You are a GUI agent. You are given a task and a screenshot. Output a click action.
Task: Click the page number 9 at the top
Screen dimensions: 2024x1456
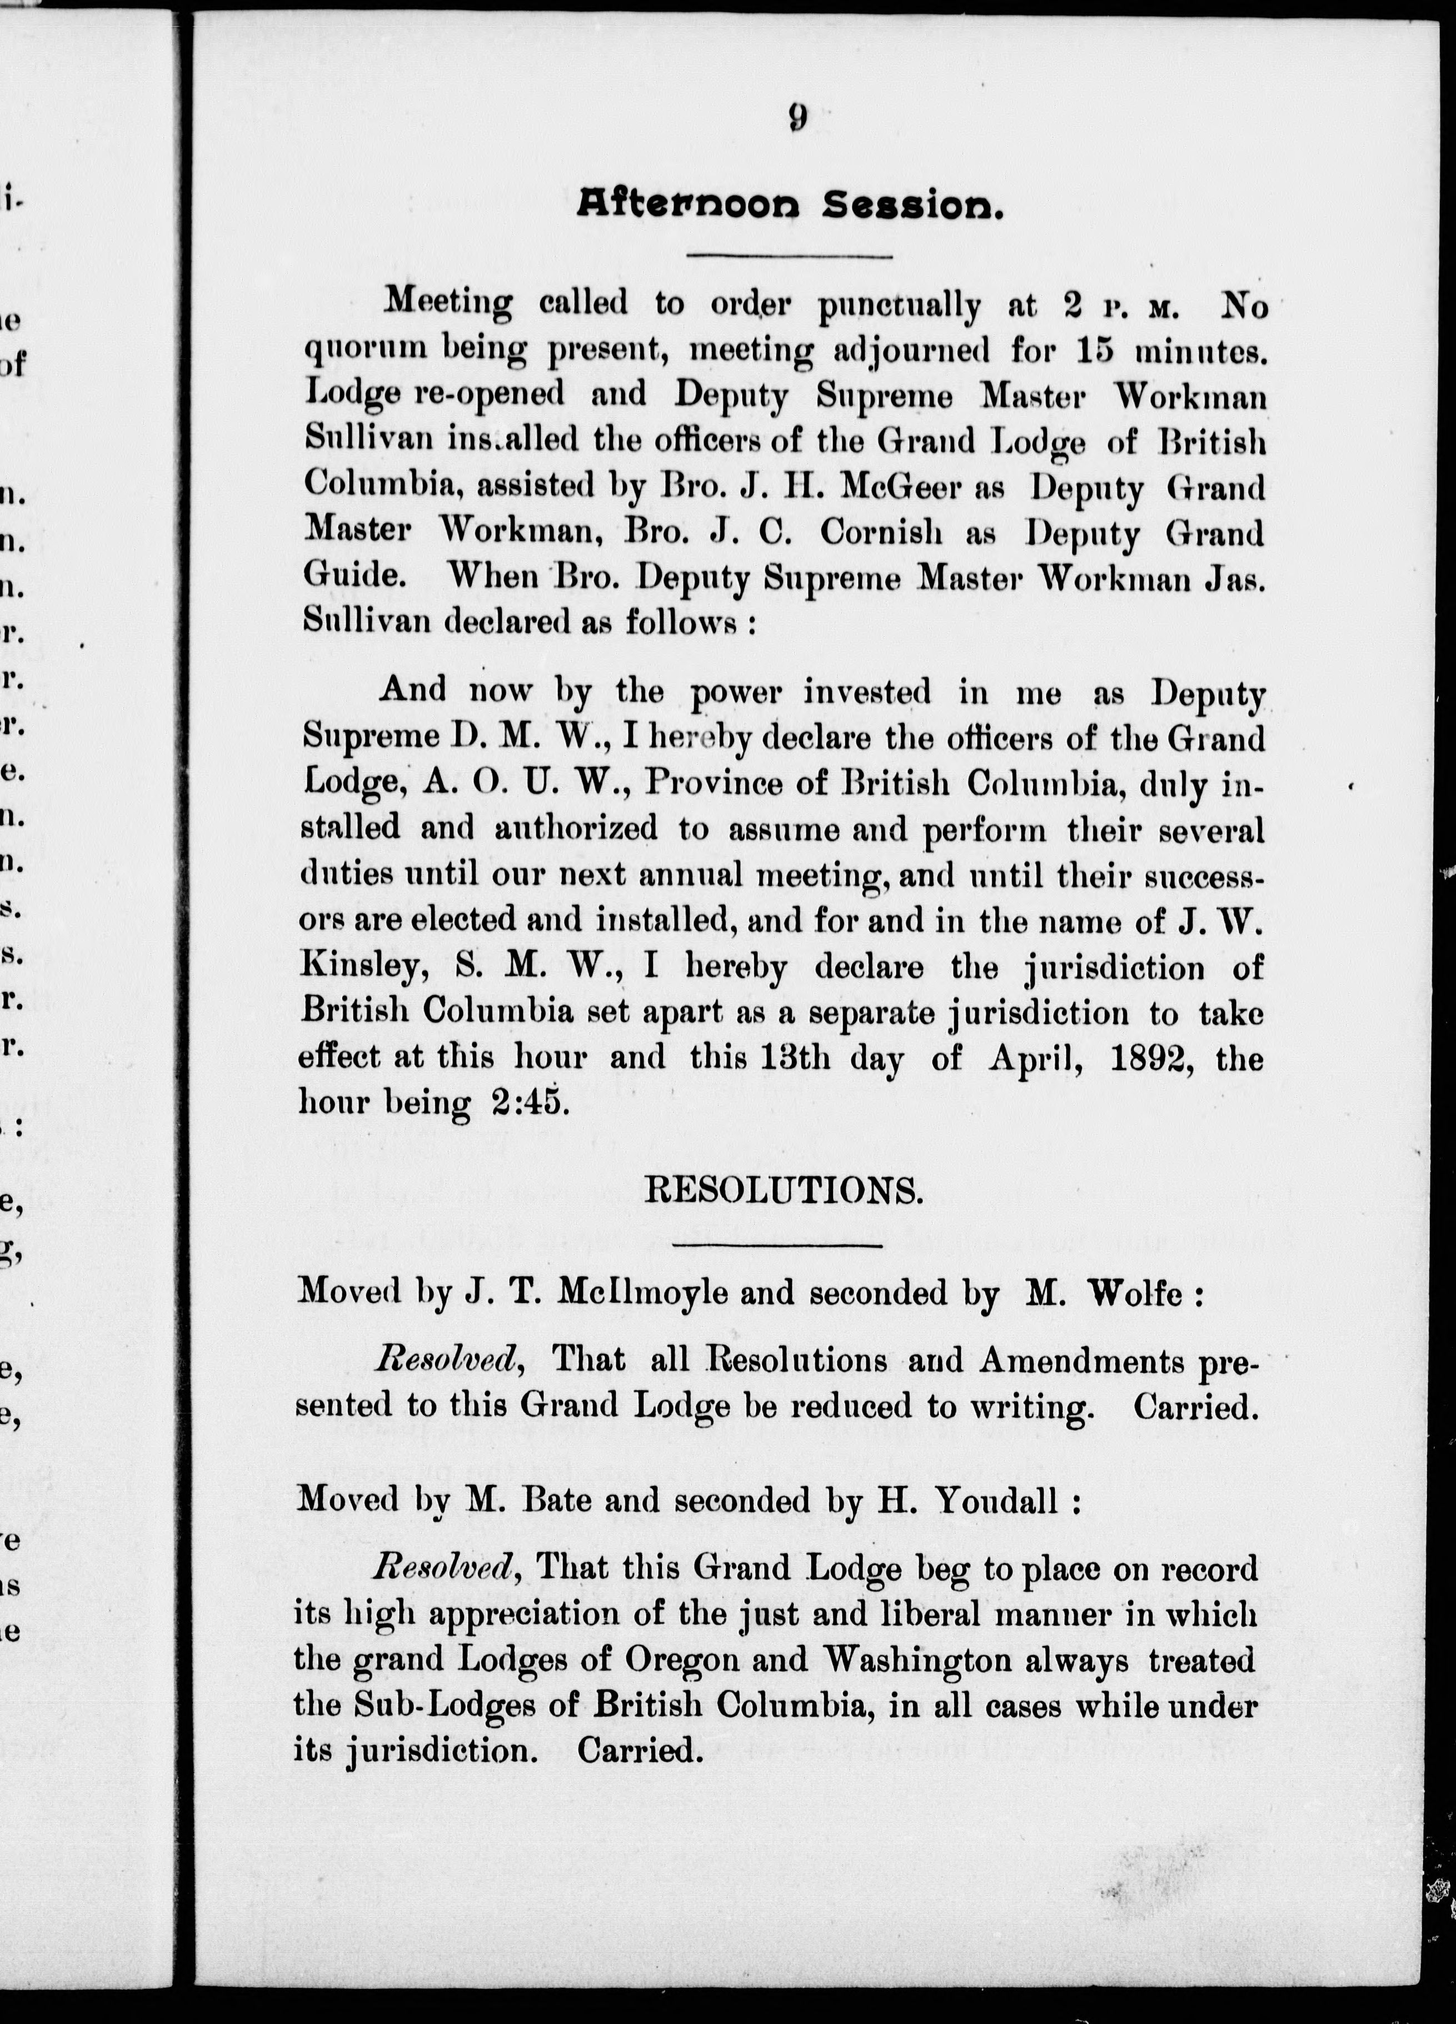797,118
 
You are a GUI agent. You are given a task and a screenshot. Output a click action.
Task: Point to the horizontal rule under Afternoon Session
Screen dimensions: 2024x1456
790,257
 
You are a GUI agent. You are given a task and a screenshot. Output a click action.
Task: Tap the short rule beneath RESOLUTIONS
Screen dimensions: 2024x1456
776,1244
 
